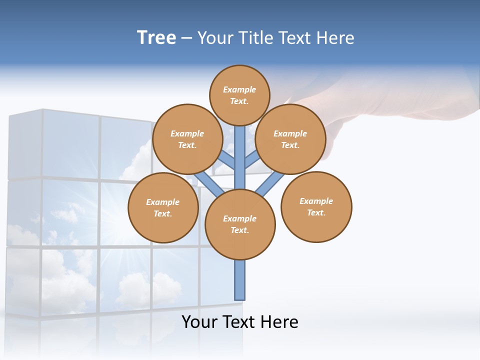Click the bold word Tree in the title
click(x=156, y=38)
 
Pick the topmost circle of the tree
click(x=239, y=95)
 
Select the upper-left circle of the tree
click(x=187, y=139)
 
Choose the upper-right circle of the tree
click(x=290, y=139)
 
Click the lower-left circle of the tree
click(x=163, y=207)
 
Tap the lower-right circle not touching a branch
click(x=316, y=206)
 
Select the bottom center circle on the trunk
click(x=240, y=224)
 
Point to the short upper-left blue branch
click(x=226, y=159)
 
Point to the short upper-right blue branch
click(x=252, y=159)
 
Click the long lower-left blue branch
click(x=208, y=184)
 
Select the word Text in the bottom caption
click(x=240, y=321)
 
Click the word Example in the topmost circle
click(x=239, y=89)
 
